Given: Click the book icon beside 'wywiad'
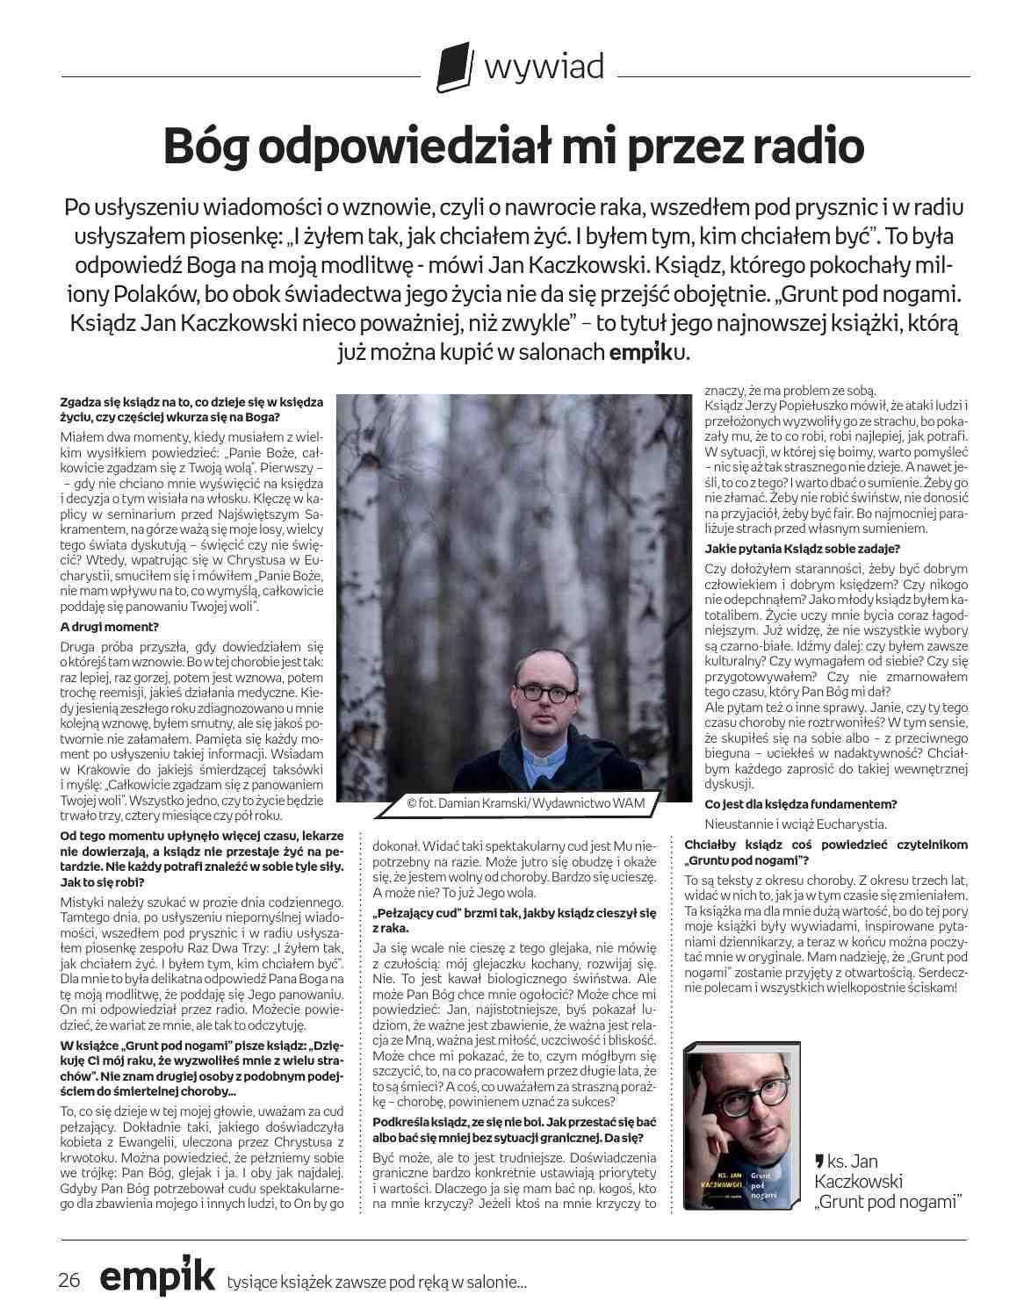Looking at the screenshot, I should pyautogui.click(x=453, y=68).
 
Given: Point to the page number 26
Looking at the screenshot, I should pyautogui.click(x=69, y=1279).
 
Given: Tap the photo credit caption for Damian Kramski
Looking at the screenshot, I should pyautogui.click(x=525, y=802).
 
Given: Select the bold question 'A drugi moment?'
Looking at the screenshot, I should pyautogui.click(x=110, y=627).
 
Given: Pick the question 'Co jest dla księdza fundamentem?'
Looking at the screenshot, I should pyautogui.click(x=801, y=804).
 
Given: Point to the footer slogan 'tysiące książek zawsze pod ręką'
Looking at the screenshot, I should pyautogui.click(x=377, y=1283).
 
